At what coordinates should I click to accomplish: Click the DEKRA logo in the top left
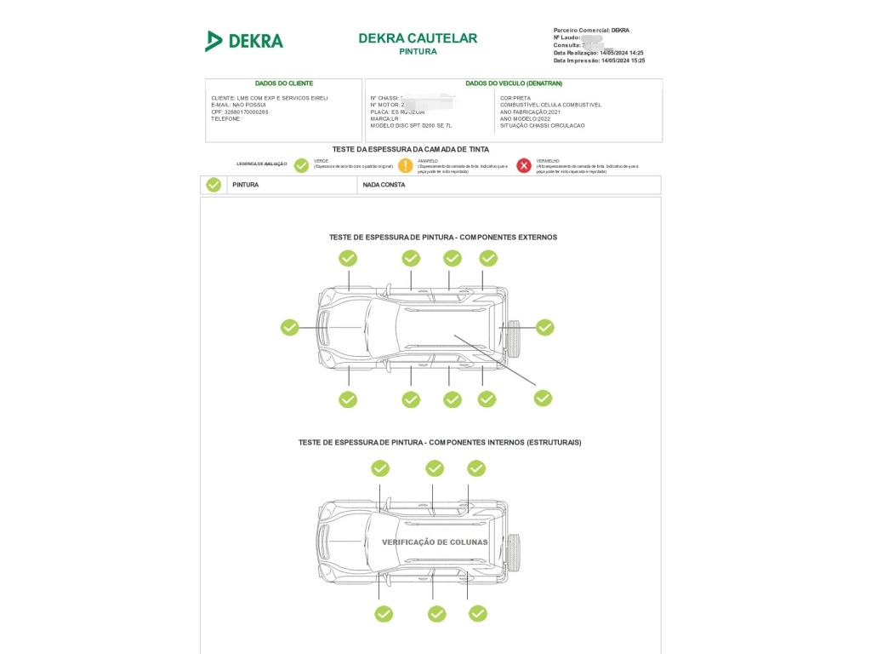click(243, 41)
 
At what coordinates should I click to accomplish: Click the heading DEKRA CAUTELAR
click(418, 38)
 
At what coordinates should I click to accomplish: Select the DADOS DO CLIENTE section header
click(284, 83)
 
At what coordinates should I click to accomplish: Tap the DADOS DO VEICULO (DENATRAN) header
click(513, 83)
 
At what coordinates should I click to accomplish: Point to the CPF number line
click(240, 112)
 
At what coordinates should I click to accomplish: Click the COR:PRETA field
click(515, 98)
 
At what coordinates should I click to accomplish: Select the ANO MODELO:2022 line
click(525, 118)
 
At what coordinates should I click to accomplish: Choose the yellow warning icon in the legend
click(406, 165)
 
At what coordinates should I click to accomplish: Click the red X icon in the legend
click(524, 165)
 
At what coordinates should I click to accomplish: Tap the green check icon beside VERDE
click(301, 165)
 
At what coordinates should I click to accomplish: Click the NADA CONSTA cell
click(384, 185)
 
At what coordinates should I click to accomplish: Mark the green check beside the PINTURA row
click(213, 185)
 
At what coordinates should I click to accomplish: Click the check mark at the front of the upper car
click(290, 327)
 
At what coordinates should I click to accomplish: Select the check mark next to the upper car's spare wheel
click(544, 327)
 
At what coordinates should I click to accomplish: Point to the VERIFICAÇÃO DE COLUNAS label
click(435, 542)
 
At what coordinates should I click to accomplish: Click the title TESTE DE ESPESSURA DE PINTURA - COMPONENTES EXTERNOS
click(443, 237)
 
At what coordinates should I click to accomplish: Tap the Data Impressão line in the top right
click(599, 60)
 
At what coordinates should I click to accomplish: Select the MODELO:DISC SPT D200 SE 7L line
click(411, 125)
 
